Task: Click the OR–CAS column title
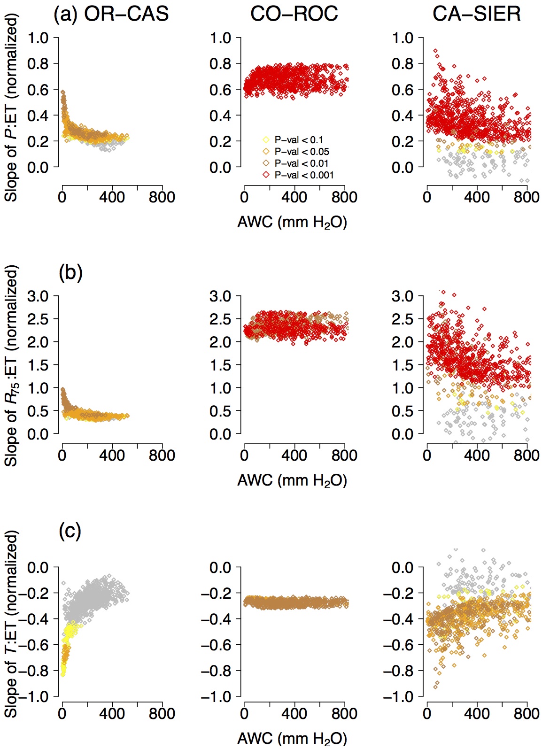tap(126, 14)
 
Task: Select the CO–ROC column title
tap(294, 14)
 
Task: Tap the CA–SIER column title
tap(476, 14)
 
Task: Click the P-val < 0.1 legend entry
tap(299, 140)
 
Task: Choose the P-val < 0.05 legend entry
tap(302, 152)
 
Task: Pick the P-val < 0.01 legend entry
tap(302, 163)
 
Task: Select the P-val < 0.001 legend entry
tap(304, 175)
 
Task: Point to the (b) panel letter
tap(70, 272)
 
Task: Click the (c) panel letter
tap(70, 531)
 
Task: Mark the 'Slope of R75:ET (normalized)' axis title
tap(11, 365)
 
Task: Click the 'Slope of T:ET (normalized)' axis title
tap(11, 624)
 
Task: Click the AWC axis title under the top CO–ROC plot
tap(292, 222)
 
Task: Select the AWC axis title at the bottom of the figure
tap(292, 739)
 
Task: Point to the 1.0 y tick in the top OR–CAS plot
tap(38, 38)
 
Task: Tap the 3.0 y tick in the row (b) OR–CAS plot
tap(38, 296)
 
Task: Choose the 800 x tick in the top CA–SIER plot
tap(527, 197)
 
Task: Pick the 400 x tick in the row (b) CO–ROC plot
tap(294, 455)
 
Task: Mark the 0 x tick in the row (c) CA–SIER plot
tap(427, 713)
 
